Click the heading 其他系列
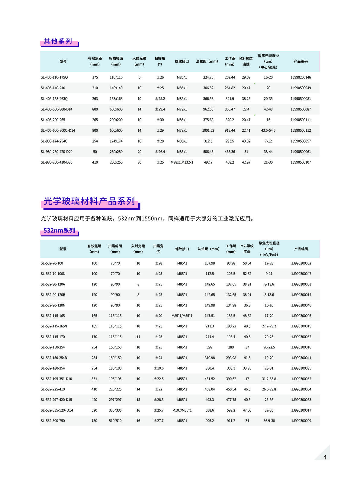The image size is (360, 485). pyautogui.click(x=58, y=41)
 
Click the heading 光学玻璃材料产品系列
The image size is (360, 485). pyautogui.click(x=89, y=201)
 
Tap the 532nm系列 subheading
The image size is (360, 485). pyautogui.click(x=59, y=231)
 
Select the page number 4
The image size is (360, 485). pyautogui.click(x=325, y=457)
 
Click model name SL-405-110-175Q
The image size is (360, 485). pyautogui.click(x=54, y=77)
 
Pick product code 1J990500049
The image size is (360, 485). pyautogui.click(x=301, y=88)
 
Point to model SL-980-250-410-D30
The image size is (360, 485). pyautogui.click(x=56, y=162)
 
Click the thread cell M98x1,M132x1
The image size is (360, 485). pyautogui.click(x=182, y=162)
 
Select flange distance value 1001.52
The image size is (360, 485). pyautogui.click(x=208, y=130)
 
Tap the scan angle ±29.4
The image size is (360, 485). pyautogui.click(x=160, y=109)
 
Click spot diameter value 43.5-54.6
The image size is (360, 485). pyautogui.click(x=268, y=130)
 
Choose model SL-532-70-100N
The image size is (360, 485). pyautogui.click(x=53, y=274)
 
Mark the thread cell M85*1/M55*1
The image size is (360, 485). pyautogui.click(x=182, y=316)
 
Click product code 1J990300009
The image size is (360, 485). pyautogui.click(x=301, y=421)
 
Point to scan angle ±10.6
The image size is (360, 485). pyautogui.click(x=159, y=368)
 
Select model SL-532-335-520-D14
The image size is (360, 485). pyautogui.click(x=57, y=410)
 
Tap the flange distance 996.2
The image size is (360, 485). pyautogui.click(x=210, y=421)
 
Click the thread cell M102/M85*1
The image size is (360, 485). pyautogui.click(x=182, y=410)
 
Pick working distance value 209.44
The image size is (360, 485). pyautogui.click(x=230, y=77)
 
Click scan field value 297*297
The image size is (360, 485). pyautogui.click(x=115, y=400)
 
